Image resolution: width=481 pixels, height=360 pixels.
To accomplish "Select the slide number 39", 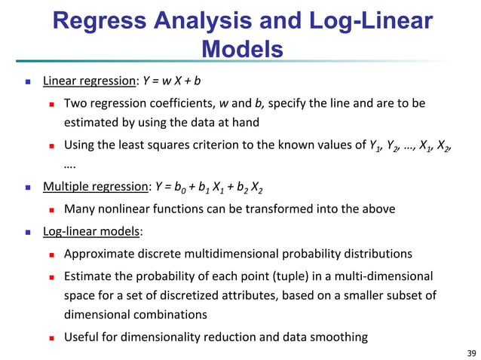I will pyautogui.click(x=472, y=352).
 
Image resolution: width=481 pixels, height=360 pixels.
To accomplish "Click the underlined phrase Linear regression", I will pyautogui.click(x=89, y=81).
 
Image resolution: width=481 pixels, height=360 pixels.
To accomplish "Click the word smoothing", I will pyautogui.click(x=342, y=337).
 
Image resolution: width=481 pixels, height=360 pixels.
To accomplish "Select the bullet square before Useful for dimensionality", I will pyautogui.click(x=53, y=337).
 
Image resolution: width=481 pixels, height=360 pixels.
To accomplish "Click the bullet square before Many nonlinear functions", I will pyautogui.click(x=53, y=209).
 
